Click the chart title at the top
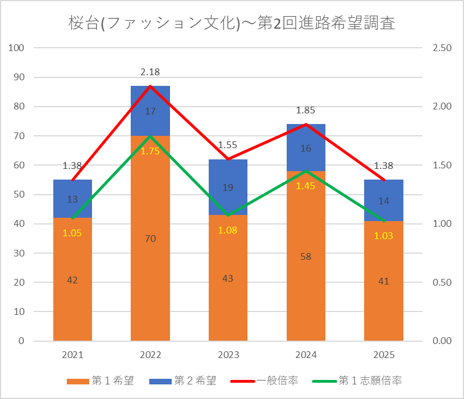click(x=232, y=23)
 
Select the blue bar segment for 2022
click(x=150, y=111)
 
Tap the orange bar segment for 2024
click(x=306, y=256)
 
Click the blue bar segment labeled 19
click(x=228, y=187)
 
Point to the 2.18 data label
click(x=150, y=72)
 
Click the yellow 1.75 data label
click(x=150, y=152)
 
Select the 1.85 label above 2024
click(x=306, y=110)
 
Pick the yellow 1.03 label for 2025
click(x=384, y=236)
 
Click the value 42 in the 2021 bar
click(x=72, y=280)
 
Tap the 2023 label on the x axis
click(x=228, y=355)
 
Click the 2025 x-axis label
click(x=384, y=355)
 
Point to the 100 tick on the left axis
click(x=16, y=48)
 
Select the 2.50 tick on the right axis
click(x=442, y=48)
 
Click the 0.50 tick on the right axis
click(x=442, y=282)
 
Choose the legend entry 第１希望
click(x=100, y=380)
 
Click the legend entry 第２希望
click(x=183, y=380)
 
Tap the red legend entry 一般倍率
click(x=264, y=380)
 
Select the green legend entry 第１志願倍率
click(x=357, y=380)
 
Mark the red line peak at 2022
click(x=150, y=86)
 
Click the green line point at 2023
click(x=228, y=215)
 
